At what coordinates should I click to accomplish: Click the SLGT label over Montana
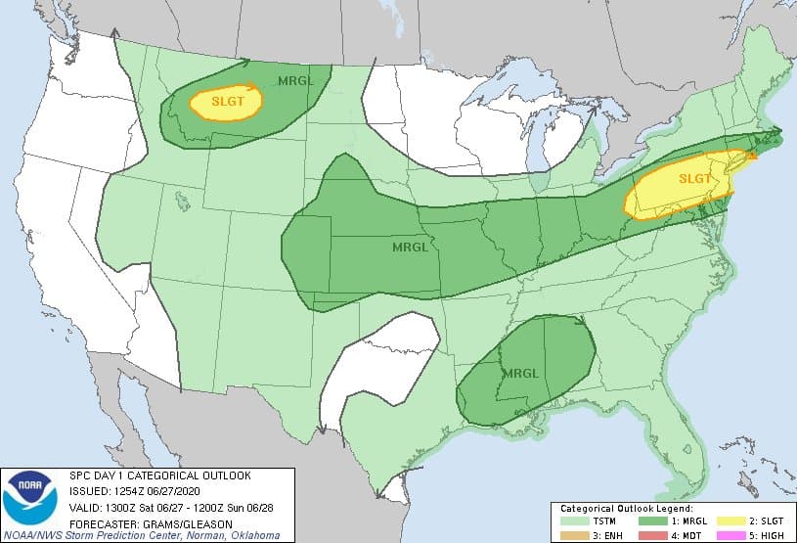pos(226,101)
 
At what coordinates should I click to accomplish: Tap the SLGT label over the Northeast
pos(695,178)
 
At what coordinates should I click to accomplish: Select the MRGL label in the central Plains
pos(410,247)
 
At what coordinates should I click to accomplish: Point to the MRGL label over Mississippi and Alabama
pos(519,373)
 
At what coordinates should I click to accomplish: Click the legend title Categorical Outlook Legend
pos(626,510)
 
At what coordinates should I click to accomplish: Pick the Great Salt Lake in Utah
pos(181,202)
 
